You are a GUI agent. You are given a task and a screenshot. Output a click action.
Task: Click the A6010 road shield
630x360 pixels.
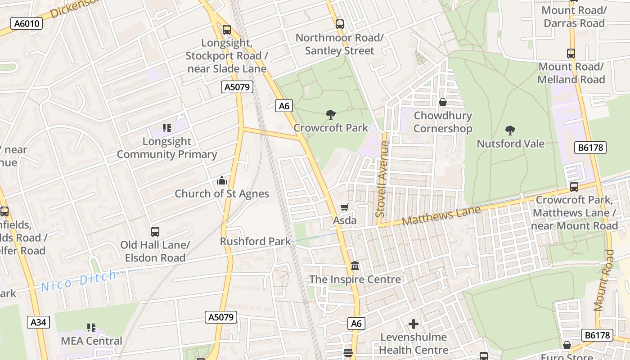point(27,23)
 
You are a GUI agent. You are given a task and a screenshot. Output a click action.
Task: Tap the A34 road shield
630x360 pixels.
point(38,322)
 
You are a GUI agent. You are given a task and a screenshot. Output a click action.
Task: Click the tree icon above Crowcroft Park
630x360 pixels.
point(331,115)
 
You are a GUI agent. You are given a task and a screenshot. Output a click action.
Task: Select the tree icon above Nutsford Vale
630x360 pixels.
point(510,130)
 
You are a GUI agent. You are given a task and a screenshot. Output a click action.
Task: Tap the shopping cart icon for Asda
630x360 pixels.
point(345,207)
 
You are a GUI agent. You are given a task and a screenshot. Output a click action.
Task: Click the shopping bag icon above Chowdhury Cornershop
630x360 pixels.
point(443,102)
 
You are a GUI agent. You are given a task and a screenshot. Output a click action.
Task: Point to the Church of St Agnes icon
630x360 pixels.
point(222,180)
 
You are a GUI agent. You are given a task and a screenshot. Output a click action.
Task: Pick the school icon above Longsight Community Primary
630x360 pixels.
point(167,128)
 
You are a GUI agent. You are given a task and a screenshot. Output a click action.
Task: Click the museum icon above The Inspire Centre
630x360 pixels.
point(355,266)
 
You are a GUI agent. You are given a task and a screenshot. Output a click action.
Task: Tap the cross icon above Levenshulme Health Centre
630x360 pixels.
point(413,324)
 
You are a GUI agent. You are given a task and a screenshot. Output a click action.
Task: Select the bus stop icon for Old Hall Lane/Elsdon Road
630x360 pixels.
point(155,232)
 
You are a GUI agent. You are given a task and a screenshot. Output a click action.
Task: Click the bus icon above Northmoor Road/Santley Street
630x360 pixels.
point(340,24)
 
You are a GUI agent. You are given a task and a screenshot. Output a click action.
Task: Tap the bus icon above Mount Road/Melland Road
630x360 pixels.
point(571,54)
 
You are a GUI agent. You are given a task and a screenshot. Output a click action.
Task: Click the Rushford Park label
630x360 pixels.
point(255,241)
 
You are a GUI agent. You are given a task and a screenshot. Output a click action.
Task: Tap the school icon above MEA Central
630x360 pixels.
point(91,328)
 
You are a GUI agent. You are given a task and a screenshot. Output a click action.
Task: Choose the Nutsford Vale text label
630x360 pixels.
point(510,144)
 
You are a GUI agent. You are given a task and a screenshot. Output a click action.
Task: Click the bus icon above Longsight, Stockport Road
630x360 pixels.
point(227,30)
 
